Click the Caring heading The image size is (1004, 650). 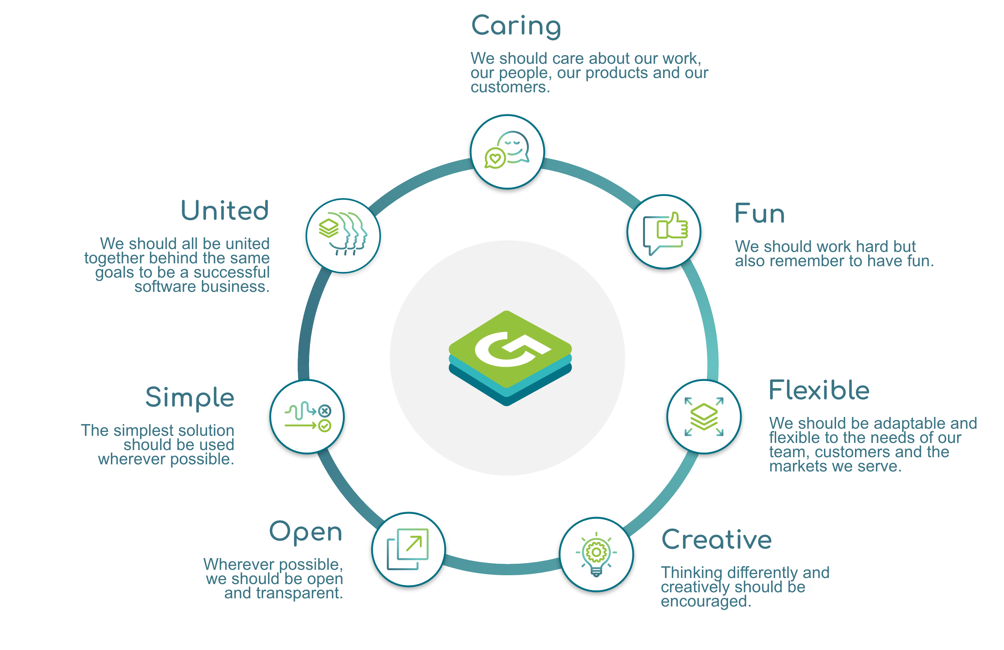(x=516, y=26)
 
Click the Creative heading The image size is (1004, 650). (x=716, y=540)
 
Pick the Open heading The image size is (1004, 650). (x=306, y=532)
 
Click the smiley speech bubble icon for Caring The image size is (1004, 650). (x=507, y=151)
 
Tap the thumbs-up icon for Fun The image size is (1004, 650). (x=665, y=232)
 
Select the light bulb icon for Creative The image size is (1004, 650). (x=596, y=554)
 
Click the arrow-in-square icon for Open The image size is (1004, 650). (x=408, y=549)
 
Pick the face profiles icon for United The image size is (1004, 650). (x=343, y=235)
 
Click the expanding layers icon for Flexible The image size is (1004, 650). (x=704, y=416)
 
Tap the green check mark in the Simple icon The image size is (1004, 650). (x=324, y=426)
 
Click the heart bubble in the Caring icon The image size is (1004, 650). (x=495, y=159)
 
